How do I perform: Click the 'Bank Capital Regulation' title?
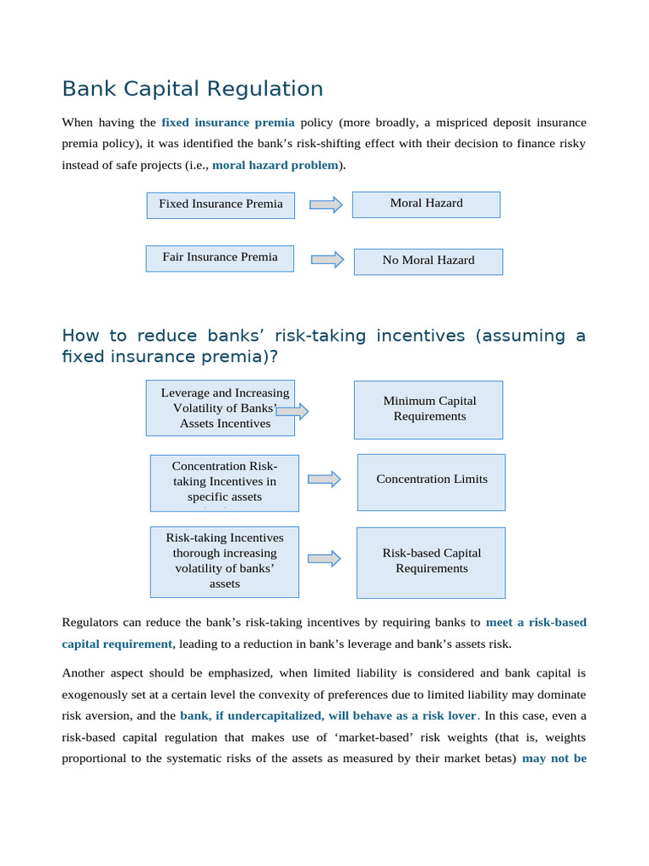[x=193, y=89]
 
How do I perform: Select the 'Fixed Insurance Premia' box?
[x=221, y=205]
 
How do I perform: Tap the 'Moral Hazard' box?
[x=426, y=204]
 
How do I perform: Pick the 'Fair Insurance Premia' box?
[x=220, y=258]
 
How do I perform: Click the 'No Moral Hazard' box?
[x=428, y=261]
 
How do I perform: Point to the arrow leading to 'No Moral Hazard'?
[x=327, y=260]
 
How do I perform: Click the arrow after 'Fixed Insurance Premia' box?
[x=325, y=205]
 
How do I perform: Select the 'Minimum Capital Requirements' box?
[x=428, y=409]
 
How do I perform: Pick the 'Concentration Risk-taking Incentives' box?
[x=224, y=482]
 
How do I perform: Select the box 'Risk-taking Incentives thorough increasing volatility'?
[x=224, y=561]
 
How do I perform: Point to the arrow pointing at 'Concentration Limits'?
[x=324, y=480]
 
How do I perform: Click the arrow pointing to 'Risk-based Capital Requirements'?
[x=324, y=558]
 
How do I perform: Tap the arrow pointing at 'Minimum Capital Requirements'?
[x=292, y=412]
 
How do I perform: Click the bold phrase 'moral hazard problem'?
[x=275, y=165]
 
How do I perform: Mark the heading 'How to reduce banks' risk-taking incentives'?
[x=324, y=346]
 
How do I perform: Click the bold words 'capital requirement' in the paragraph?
[x=117, y=644]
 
